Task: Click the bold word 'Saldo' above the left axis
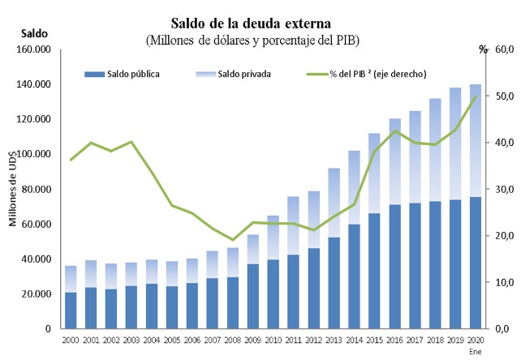35,33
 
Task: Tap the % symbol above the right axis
484,49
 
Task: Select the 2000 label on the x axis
71,341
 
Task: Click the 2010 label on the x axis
273,341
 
